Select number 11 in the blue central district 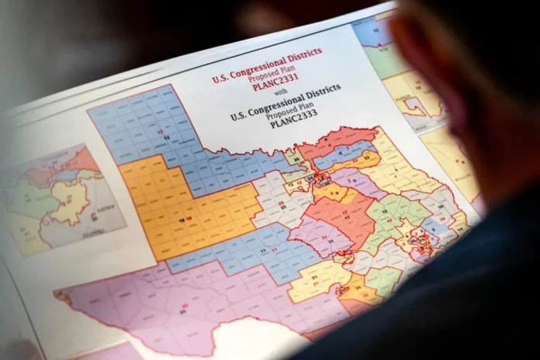coord(266,250)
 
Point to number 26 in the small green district coord(295,161)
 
